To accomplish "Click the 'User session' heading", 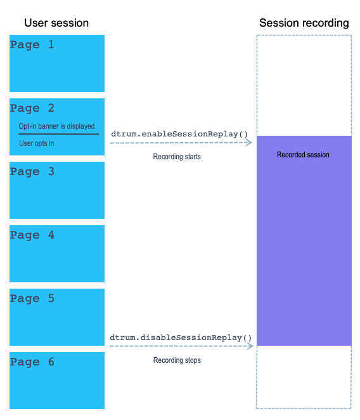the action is [56, 23].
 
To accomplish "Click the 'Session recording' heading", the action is [304, 23].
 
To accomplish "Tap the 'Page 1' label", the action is [32, 45].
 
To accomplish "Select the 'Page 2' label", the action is [32, 108].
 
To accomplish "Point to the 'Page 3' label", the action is [32, 172].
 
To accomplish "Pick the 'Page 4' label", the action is [32, 235].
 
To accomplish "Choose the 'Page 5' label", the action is [32, 299].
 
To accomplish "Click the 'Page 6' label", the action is [32, 362].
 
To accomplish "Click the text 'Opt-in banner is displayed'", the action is [57, 126].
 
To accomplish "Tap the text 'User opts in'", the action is [37, 143].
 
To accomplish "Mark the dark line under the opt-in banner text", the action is [59, 134].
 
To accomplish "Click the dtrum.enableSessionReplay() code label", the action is [179, 134].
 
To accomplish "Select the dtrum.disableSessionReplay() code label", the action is [181, 338].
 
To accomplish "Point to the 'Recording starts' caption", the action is [177, 157].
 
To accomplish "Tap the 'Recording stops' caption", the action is [177, 360].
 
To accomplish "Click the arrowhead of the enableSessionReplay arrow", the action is [249, 143].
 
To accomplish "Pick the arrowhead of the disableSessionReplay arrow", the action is [250, 346].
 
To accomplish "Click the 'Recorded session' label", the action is [303, 155].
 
